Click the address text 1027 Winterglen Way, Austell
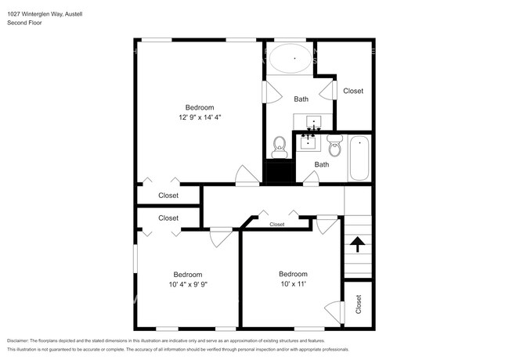pyautogui.click(x=44, y=13)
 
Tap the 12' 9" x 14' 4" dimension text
pyautogui.click(x=199, y=117)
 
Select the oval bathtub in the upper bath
pyautogui.click(x=294, y=58)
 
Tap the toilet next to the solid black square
pyautogui.click(x=279, y=146)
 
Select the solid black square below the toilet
pyautogui.click(x=279, y=171)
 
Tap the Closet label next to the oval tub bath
pyautogui.click(x=353, y=91)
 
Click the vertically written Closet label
pyautogui.click(x=359, y=304)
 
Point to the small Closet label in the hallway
pyautogui.click(x=276, y=225)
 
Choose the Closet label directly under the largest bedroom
pyautogui.click(x=168, y=196)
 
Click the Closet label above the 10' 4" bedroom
pyautogui.click(x=168, y=218)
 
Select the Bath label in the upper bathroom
pyautogui.click(x=301, y=99)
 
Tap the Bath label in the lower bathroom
pyautogui.click(x=321, y=164)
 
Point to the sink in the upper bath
pyautogui.click(x=312, y=124)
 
